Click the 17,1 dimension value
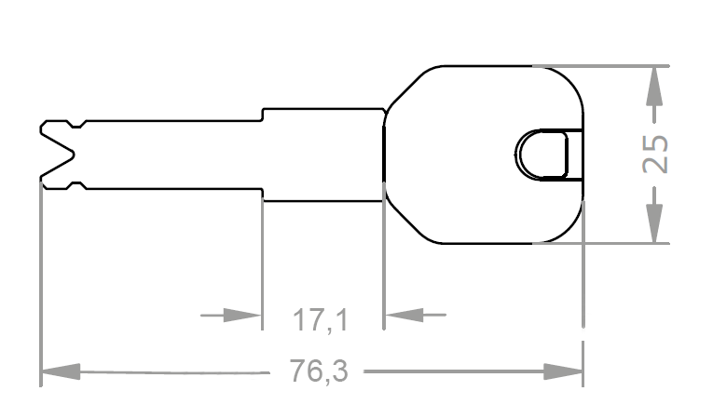(321, 320)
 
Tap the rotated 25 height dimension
(657, 154)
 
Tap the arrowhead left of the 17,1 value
(244, 316)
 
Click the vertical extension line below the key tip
(41, 279)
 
